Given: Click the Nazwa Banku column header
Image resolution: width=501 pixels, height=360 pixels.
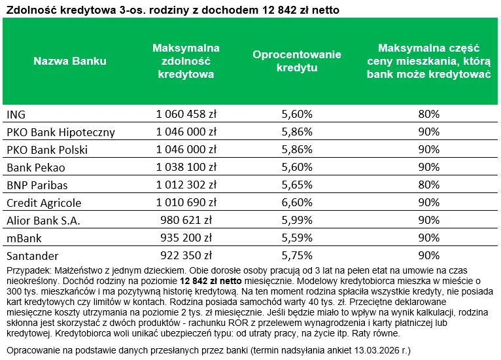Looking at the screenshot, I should point(69,62).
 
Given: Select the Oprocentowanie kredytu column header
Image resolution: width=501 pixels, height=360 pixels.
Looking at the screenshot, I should point(296,62).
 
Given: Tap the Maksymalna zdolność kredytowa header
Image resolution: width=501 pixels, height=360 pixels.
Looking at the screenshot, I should point(186,62).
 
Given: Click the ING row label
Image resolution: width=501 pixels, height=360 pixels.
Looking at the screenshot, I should point(16,115).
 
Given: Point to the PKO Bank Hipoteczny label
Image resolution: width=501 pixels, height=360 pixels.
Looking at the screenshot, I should point(60,132).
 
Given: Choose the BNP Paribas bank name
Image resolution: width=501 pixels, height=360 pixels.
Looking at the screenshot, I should point(37,185).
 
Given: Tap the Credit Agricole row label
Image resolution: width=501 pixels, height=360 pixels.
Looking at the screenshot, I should point(44,203).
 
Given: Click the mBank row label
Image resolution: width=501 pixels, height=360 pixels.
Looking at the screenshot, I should point(24,238).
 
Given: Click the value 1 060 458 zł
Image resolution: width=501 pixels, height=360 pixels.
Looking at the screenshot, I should point(186,115).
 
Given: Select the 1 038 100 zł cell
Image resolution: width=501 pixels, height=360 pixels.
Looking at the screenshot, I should point(186,168).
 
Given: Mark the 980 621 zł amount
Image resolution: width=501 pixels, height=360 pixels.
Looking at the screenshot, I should point(186,221).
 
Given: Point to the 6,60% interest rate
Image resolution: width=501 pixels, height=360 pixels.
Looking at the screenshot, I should point(296,203).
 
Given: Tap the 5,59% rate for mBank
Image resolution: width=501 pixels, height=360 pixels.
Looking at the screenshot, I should point(296,238).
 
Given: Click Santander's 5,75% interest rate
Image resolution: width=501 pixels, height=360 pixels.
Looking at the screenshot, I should point(296,256).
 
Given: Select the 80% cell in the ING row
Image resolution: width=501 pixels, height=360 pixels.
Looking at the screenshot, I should point(428,115).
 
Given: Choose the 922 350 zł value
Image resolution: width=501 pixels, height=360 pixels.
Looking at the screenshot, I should point(186,256).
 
